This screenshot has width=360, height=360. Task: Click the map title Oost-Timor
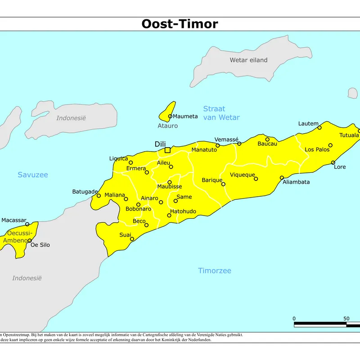[180, 23]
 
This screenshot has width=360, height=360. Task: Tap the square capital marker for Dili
[167, 150]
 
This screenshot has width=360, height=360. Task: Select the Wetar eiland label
[248, 60]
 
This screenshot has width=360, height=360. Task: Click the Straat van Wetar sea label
[221, 113]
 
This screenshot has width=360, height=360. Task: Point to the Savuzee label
[33, 175]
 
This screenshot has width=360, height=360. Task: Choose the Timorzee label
[215, 270]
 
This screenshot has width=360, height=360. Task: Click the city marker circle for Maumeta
[170, 116]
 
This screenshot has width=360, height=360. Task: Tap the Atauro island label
[167, 126]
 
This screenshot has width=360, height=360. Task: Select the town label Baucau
[267, 144]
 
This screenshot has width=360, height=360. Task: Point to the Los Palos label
[317, 149]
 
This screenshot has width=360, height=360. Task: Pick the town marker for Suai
[132, 239]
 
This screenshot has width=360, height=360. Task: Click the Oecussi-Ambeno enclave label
[15, 237]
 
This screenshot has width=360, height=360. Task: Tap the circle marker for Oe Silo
[30, 241]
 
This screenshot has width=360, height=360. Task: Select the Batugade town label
[85, 192]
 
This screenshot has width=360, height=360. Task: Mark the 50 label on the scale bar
[346, 319]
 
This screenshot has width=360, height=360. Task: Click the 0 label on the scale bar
[294, 319]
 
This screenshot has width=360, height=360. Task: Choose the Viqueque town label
[242, 175]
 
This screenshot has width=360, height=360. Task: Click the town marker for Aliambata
[282, 177]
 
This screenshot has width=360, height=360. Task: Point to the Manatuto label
[204, 149]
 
